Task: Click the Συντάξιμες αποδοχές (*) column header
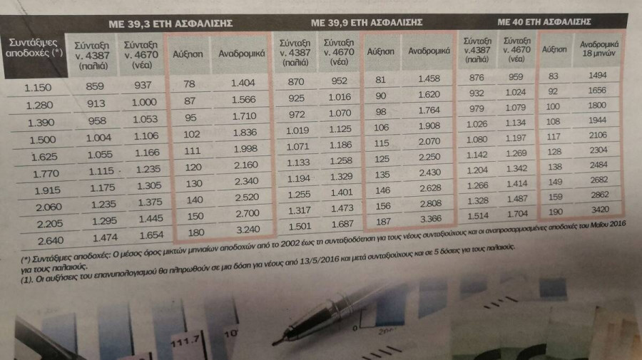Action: (32, 51)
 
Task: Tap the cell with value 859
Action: (95, 86)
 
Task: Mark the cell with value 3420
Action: (599, 211)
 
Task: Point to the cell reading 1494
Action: (597, 76)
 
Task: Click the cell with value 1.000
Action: (144, 103)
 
